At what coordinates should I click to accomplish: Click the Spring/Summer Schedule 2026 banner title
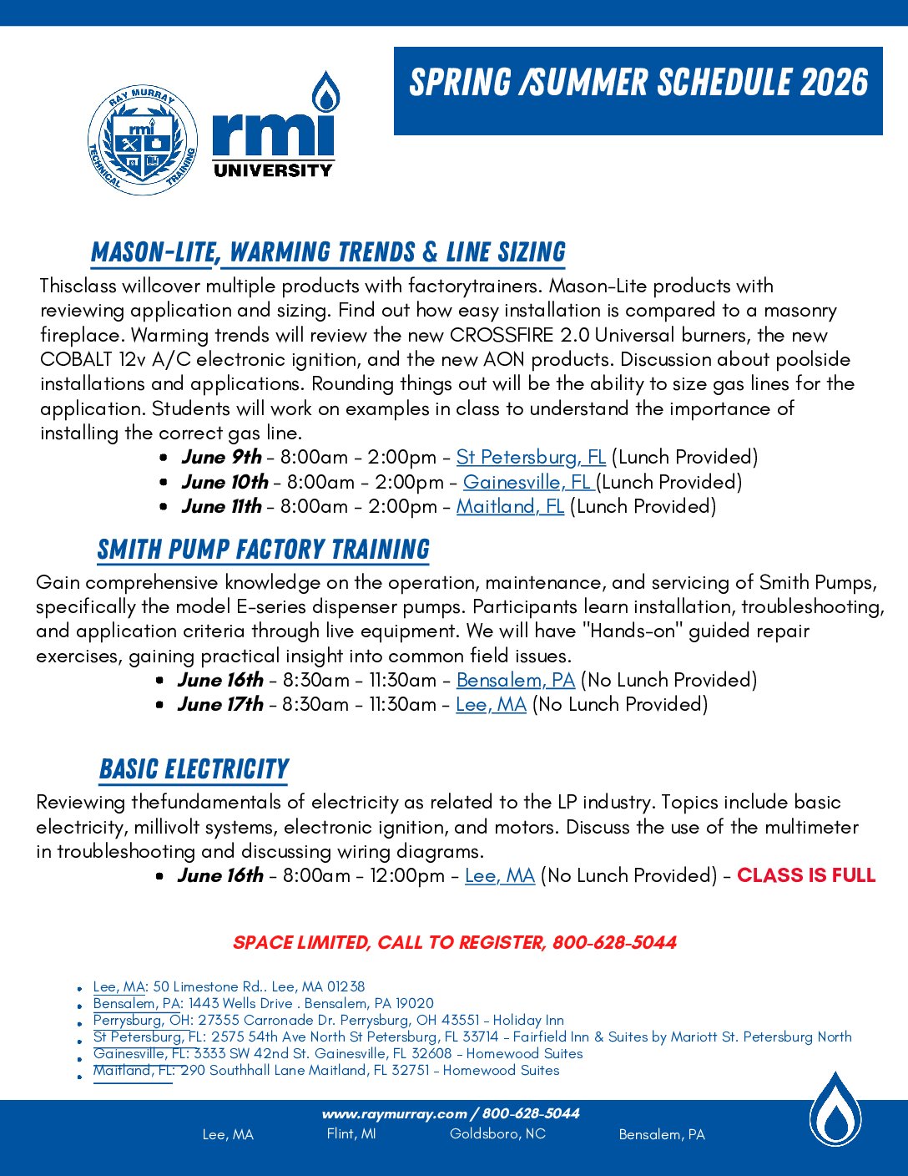click(x=638, y=83)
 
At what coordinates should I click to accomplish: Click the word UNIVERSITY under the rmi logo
click(x=273, y=170)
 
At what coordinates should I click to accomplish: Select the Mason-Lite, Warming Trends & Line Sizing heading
click(x=328, y=252)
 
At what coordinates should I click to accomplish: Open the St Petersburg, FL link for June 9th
click(x=531, y=458)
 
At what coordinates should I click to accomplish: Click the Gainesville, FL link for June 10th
click(x=527, y=482)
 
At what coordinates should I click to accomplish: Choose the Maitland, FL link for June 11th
click(x=510, y=506)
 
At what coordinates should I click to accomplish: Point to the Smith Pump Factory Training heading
click(x=263, y=550)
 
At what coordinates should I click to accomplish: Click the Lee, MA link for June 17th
click(x=491, y=704)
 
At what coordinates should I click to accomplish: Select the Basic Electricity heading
click(x=194, y=769)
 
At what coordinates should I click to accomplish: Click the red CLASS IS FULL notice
click(x=806, y=875)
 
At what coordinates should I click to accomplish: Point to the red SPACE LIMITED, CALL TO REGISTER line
click(x=455, y=943)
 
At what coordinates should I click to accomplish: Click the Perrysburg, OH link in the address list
click(x=142, y=1020)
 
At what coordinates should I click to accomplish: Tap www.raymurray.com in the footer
click(x=394, y=1113)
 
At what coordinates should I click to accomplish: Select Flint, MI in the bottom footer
click(x=351, y=1133)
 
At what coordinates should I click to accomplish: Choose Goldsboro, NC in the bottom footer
click(x=497, y=1133)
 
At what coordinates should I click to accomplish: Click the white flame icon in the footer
click(x=835, y=1110)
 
